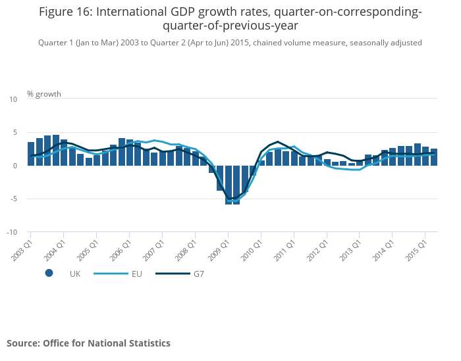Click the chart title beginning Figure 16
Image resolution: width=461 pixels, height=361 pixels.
(x=230, y=18)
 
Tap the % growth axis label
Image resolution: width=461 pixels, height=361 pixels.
(x=44, y=94)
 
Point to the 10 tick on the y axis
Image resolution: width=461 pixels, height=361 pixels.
(x=13, y=99)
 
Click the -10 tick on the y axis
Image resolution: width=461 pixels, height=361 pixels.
(x=12, y=232)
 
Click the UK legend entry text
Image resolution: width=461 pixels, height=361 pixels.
(x=75, y=274)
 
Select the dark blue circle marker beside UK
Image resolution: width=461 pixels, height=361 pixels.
(x=49, y=274)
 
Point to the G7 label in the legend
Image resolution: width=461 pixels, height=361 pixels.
(x=198, y=274)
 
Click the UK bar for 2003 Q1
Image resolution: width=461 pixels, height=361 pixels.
(x=31, y=154)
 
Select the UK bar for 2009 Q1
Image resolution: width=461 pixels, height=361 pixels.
(x=229, y=185)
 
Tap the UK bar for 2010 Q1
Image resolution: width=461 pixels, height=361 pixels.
(x=261, y=163)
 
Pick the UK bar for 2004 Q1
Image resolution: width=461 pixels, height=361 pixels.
(x=64, y=153)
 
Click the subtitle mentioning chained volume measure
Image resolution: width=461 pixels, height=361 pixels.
(x=230, y=43)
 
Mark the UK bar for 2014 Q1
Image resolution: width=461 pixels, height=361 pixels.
(x=393, y=156)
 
